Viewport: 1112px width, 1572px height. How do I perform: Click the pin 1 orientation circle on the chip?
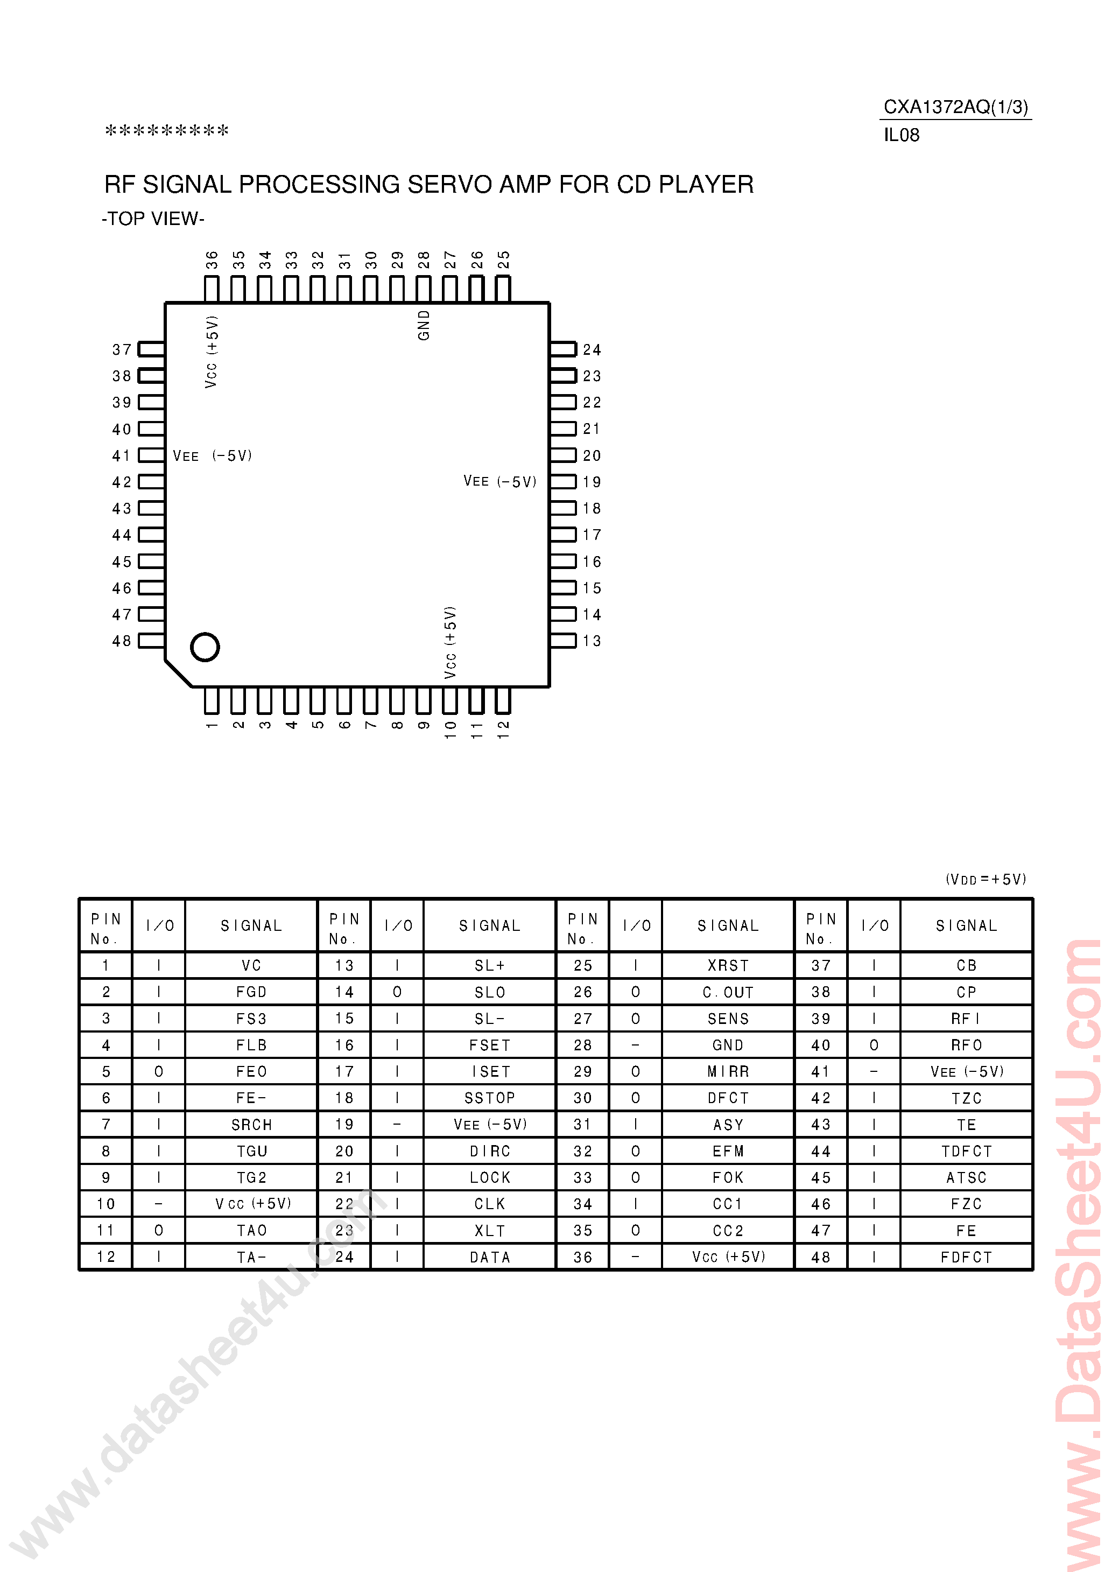click(205, 647)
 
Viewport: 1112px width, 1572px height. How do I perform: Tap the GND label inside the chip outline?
click(424, 325)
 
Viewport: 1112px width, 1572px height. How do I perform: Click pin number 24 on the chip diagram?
click(592, 350)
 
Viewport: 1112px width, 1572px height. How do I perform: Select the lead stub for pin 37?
click(151, 349)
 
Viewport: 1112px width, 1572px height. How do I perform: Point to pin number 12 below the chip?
click(503, 729)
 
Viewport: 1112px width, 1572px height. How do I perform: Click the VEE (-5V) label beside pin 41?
click(212, 456)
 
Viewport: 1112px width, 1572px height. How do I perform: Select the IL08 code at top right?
click(901, 135)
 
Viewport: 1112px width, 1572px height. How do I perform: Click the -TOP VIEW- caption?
click(153, 219)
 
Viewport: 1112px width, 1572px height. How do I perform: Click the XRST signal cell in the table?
click(728, 965)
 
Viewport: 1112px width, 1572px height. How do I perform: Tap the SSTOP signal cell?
click(490, 1098)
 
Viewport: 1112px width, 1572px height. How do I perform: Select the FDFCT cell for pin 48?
click(966, 1257)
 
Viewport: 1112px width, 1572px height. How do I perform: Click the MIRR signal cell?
click(728, 1071)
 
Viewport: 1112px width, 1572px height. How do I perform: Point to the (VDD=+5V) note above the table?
click(986, 879)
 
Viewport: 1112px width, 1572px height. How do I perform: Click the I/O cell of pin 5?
click(159, 1071)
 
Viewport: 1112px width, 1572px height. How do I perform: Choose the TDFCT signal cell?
click(966, 1151)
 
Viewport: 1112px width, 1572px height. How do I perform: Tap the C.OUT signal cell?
click(728, 992)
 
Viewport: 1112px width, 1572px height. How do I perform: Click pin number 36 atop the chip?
click(212, 260)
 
